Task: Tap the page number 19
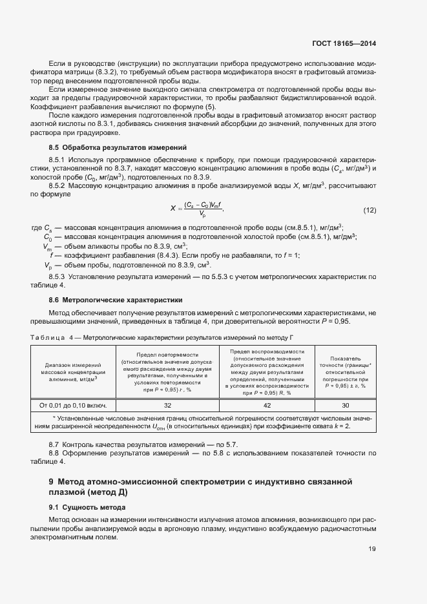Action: tap(372, 549)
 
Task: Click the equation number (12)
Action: tap(370, 210)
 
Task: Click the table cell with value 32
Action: tap(167, 405)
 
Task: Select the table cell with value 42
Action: tap(267, 405)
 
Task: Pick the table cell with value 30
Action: tap(346, 405)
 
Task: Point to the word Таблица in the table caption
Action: tap(48, 337)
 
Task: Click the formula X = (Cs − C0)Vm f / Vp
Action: tap(197, 209)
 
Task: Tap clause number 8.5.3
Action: tap(59, 276)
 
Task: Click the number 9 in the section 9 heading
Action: tap(52, 481)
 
